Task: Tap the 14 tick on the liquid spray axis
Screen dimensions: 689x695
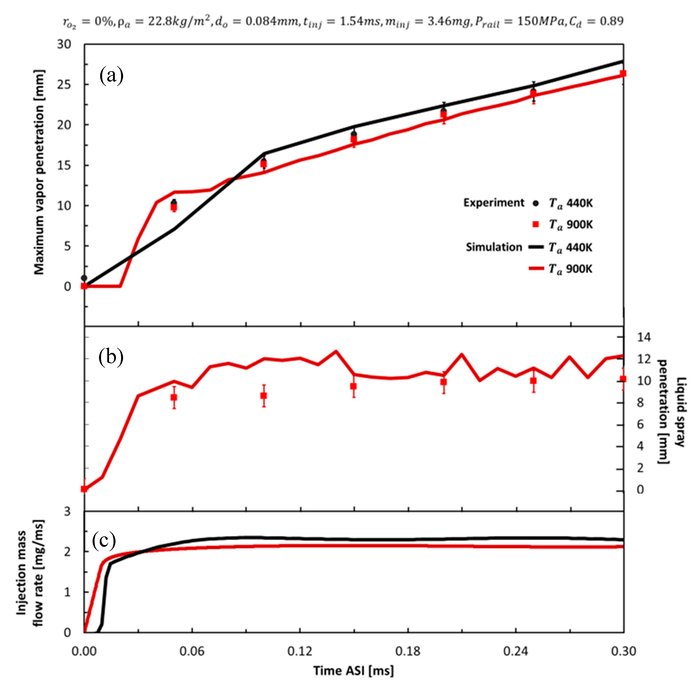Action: point(644,337)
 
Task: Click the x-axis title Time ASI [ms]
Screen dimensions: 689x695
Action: point(354,671)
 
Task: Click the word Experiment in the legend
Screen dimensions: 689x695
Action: point(494,203)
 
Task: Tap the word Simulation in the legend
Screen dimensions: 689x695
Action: point(494,247)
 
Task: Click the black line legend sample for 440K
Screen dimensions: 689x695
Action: point(536,247)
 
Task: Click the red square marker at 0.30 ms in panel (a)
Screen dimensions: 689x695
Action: point(623,73)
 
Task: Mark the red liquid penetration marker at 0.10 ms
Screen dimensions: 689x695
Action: point(264,396)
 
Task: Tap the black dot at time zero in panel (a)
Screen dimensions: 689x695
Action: point(84,278)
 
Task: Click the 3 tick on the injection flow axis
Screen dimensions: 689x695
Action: point(67,511)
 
